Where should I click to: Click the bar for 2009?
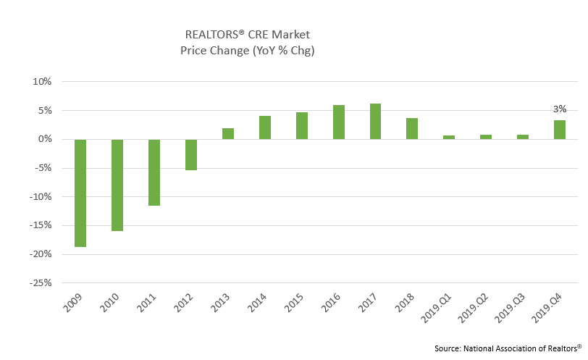80,193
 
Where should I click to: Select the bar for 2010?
117,185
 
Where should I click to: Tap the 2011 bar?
154,172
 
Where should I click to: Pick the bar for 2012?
191,154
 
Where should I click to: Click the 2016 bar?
339,122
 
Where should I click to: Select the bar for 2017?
375,121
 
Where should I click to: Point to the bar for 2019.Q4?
560,130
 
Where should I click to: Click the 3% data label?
560,109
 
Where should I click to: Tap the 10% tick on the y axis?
42,82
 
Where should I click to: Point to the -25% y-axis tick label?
41,283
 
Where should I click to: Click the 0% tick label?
44,139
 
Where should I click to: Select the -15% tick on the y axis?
41,225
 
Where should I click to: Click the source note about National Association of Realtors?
508,348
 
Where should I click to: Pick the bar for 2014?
265,127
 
